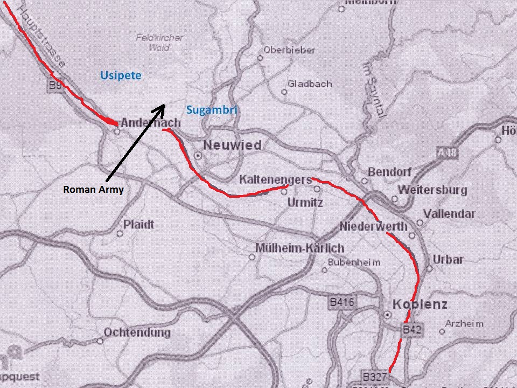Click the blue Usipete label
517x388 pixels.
121,75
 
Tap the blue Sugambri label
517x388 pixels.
212,110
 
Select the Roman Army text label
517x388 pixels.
93,189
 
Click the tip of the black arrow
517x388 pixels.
164,105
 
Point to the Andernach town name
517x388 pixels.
150,123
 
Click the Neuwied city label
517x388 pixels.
232,145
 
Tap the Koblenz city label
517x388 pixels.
420,304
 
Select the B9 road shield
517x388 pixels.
55,85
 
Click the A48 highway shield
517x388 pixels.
447,153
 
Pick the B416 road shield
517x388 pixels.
343,303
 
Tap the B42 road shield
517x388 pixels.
412,329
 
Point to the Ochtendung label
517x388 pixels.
137,332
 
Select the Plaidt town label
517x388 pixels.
138,224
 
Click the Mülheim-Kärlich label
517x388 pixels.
299,248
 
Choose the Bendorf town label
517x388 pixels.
390,172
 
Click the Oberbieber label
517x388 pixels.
289,50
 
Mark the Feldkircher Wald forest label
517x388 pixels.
159,43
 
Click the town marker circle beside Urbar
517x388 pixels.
429,268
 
